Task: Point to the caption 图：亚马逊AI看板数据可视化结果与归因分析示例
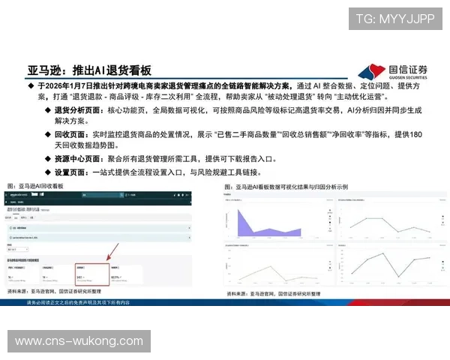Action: pos(289,184)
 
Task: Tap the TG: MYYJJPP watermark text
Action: pos(394,19)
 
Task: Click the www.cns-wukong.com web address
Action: pos(79,341)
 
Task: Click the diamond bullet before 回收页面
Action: pos(48,134)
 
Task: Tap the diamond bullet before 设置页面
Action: pos(48,172)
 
